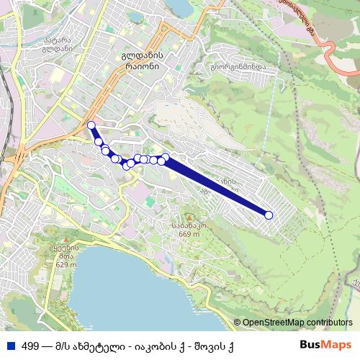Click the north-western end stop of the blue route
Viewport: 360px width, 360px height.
(x=91, y=126)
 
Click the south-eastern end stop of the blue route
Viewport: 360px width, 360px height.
(x=269, y=215)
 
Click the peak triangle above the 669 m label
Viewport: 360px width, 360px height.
(x=189, y=216)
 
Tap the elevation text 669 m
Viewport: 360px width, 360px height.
(x=189, y=233)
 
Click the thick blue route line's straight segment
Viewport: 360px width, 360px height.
(x=216, y=188)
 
